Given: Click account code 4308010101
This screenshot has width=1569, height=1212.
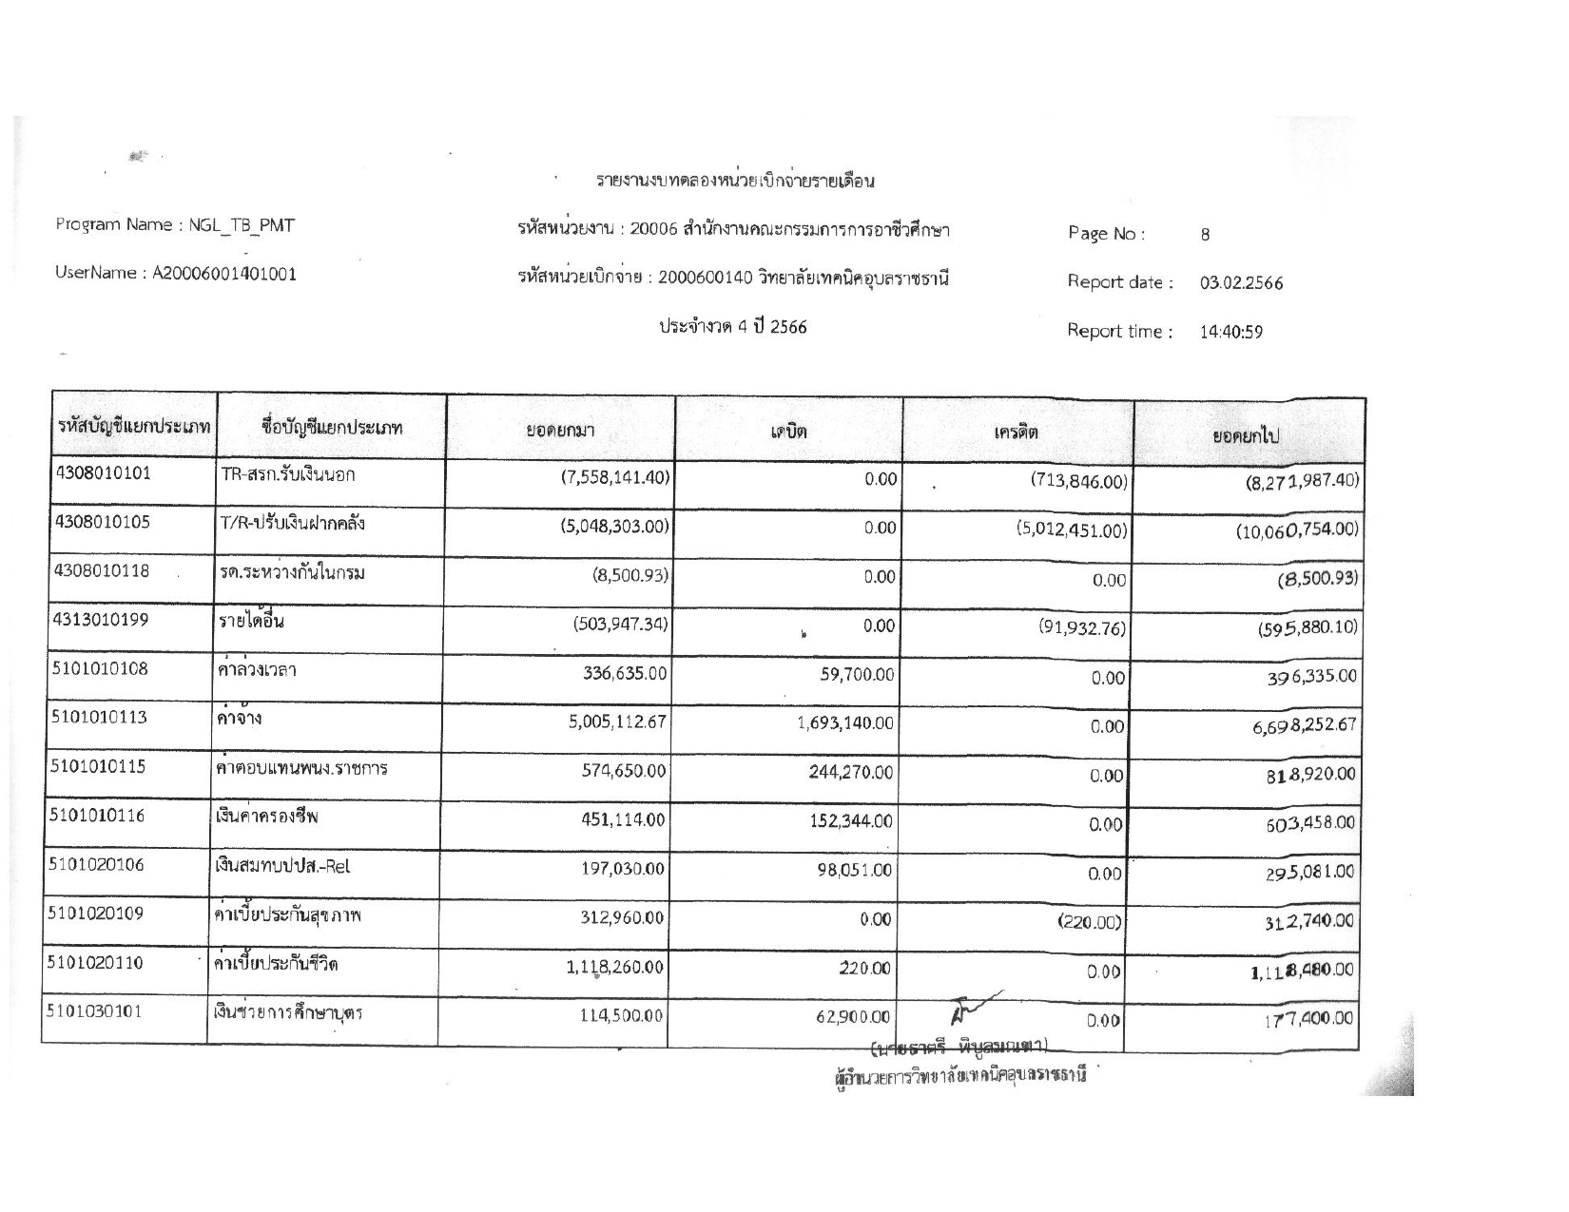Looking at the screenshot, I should click(x=101, y=473).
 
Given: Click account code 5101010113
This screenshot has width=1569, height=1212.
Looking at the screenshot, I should click(x=99, y=718).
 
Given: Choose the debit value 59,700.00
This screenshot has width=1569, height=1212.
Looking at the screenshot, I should click(x=857, y=675).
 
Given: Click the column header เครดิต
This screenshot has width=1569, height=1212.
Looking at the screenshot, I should click(x=1017, y=433).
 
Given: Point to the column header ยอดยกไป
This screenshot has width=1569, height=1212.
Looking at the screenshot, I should click(x=1245, y=436).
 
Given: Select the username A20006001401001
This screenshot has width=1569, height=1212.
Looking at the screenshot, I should click(x=224, y=274).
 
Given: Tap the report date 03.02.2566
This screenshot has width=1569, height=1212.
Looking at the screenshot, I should click(x=1241, y=283).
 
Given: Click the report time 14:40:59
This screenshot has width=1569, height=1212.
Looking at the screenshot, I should click(x=1231, y=333).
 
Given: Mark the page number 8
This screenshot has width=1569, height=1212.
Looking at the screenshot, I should click(x=1205, y=235).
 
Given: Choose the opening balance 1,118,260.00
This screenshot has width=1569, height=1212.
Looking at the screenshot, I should click(x=609, y=968).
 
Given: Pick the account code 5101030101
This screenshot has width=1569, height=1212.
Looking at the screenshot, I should click(x=95, y=1011).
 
